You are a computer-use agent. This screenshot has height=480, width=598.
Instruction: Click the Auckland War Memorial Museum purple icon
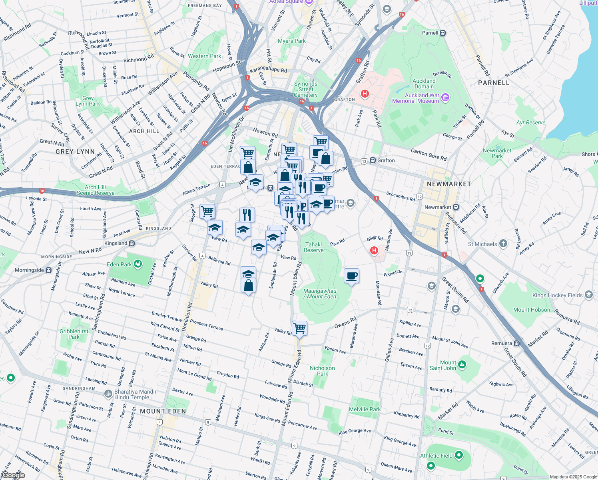[x=445, y=98]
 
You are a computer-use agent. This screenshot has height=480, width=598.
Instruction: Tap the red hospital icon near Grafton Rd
[x=365, y=94]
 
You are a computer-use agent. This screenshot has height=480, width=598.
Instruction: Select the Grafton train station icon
[x=373, y=160]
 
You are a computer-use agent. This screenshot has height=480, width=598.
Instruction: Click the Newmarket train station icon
[x=456, y=207]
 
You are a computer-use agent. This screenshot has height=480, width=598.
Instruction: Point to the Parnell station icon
[x=443, y=33]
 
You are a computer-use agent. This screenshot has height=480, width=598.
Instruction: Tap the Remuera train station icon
[x=517, y=343]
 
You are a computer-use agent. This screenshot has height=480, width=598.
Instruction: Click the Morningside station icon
[x=49, y=270]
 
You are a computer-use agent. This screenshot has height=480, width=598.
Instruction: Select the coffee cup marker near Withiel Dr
[x=352, y=276]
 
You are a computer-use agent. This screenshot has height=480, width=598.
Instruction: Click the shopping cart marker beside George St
[x=207, y=211]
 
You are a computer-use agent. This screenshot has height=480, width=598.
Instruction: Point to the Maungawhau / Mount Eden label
[x=320, y=294]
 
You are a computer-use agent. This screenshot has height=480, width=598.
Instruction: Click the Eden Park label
[x=119, y=264]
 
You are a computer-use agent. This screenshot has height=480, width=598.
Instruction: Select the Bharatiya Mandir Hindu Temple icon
[x=108, y=394]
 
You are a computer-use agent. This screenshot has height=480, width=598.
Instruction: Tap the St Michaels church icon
[x=503, y=244]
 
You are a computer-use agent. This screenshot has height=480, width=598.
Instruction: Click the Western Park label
[x=204, y=56]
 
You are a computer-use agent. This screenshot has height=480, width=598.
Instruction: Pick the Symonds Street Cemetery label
[x=306, y=89]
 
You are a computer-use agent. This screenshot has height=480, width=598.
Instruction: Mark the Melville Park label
[x=365, y=409]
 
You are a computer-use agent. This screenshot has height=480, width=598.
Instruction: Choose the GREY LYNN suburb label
[x=75, y=152]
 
